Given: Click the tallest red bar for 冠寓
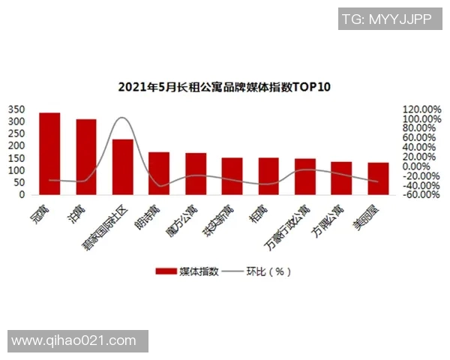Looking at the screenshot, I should pyautogui.click(x=49, y=154).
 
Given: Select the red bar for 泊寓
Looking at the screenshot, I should pyautogui.click(x=86, y=157).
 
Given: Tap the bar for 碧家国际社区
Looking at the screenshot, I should pyautogui.click(x=123, y=166).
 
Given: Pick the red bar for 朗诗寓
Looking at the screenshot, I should pyautogui.click(x=159, y=173).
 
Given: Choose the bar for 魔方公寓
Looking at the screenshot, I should pyautogui.click(x=196, y=174).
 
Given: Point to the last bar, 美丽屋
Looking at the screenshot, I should pyautogui.click(x=378, y=178).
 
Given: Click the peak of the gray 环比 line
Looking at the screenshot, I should pyautogui.click(x=122, y=118).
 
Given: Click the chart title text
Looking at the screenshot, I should pyautogui.click(x=224, y=87).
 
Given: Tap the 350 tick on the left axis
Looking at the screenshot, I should pyautogui.click(x=16, y=109).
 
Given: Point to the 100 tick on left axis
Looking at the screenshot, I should pyautogui.click(x=16, y=170).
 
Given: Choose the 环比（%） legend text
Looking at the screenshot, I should pyautogui.click(x=268, y=271).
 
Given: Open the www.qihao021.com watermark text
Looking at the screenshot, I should pyautogui.click(x=74, y=341).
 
